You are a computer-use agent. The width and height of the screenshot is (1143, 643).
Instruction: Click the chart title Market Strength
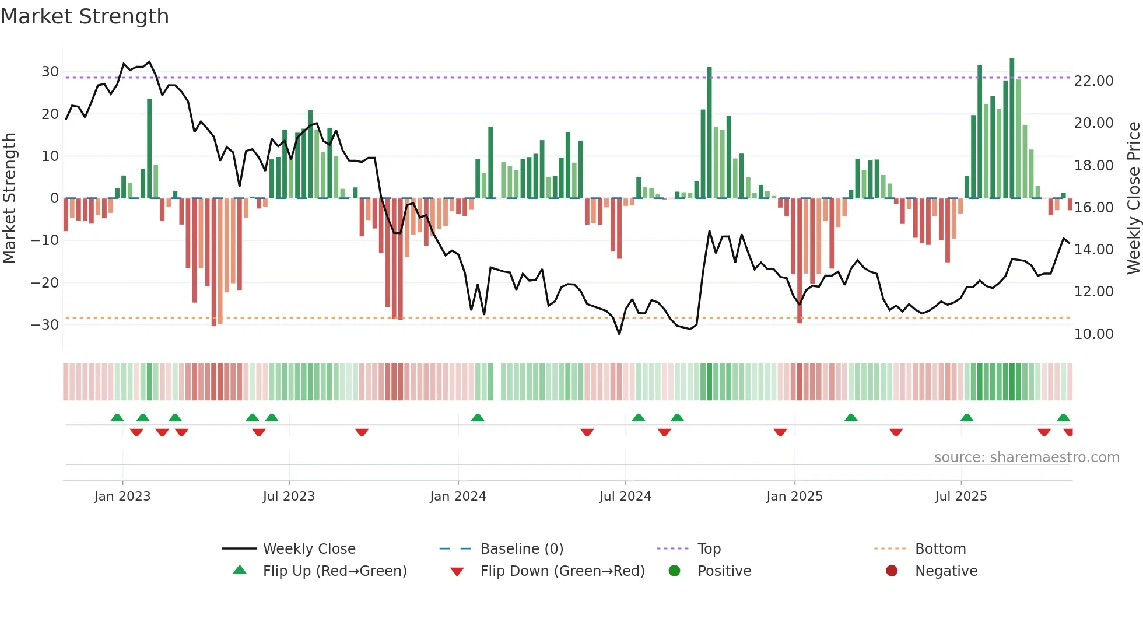point(85,16)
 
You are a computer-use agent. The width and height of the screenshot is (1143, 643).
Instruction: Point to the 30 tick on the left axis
point(50,72)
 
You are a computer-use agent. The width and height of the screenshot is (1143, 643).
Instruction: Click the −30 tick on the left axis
point(45,325)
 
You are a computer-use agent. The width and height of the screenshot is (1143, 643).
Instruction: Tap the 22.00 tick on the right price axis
point(1093,81)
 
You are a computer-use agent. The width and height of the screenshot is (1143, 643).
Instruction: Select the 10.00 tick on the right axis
point(1093,334)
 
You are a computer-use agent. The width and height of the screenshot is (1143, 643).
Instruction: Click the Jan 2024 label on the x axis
point(458,497)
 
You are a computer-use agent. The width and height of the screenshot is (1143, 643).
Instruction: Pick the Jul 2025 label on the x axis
point(960,497)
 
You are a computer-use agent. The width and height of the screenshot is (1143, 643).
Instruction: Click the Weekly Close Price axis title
point(1133,198)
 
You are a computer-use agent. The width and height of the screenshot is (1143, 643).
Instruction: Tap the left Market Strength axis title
point(9,198)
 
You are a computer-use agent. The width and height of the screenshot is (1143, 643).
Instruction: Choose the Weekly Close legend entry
point(309,549)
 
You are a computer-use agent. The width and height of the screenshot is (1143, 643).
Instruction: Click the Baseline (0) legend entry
point(521,549)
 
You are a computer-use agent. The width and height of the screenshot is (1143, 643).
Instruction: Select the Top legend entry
point(709,549)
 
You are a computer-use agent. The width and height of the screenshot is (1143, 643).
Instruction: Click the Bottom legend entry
point(940,549)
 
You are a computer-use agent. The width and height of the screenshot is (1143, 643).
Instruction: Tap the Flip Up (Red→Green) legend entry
point(334,571)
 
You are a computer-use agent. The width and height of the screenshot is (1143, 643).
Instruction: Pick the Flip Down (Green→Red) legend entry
point(562,571)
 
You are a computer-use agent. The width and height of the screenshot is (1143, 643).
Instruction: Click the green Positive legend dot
point(675,571)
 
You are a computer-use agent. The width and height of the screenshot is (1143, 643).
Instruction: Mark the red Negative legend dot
point(892,571)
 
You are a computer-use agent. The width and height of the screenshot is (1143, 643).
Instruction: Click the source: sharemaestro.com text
point(1026,457)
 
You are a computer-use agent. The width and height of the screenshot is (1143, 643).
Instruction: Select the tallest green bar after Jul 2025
point(1012,128)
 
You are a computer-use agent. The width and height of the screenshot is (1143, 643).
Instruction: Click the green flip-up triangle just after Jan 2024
point(478,417)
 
